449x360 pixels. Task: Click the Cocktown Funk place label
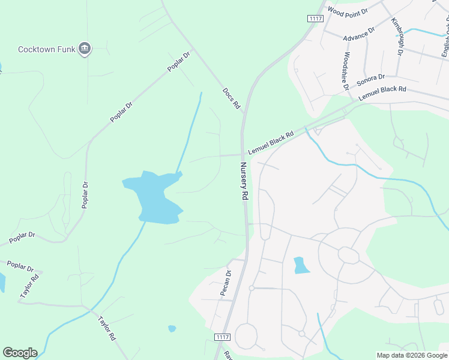pyautogui.click(x=46, y=49)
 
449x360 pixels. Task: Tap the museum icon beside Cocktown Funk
pyautogui.click(x=85, y=49)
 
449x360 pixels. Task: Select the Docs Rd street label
pyautogui.click(x=231, y=98)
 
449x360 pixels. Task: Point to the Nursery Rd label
pyautogui.click(x=244, y=181)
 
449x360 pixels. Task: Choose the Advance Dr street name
pyautogui.click(x=359, y=34)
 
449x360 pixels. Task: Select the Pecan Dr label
pyautogui.click(x=226, y=283)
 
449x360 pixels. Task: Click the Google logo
pyautogui.click(x=20, y=352)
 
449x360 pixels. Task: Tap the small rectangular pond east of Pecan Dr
pyautogui.click(x=301, y=265)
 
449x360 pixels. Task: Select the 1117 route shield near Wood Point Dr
pyautogui.click(x=316, y=19)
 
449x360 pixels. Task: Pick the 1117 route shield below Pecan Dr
pyautogui.click(x=221, y=338)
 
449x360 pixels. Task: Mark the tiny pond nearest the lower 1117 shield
pyautogui.click(x=172, y=329)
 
